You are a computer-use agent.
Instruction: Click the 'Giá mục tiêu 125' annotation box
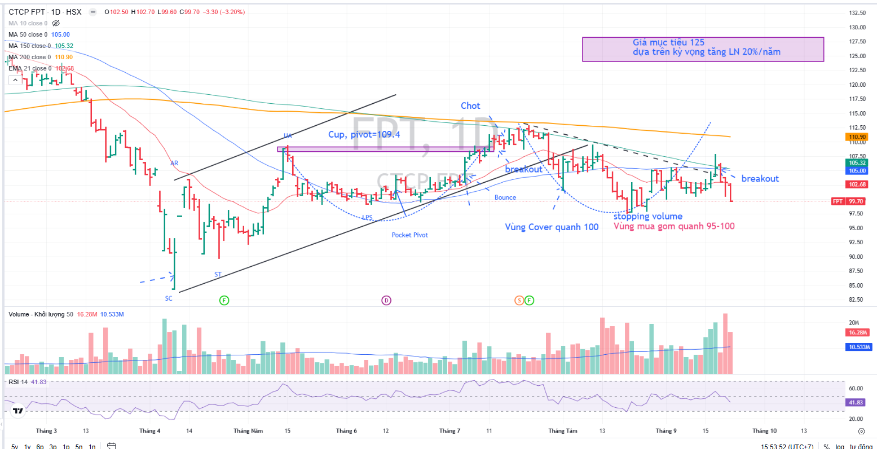[703, 49]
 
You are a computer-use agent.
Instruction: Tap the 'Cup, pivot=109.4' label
[365, 135]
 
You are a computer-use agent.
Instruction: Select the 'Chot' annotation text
[470, 106]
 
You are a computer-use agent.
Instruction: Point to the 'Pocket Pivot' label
[409, 235]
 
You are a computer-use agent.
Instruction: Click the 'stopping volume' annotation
[647, 217]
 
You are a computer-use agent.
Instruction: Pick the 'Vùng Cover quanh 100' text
[552, 227]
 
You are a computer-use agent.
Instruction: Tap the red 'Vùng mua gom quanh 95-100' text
[674, 227]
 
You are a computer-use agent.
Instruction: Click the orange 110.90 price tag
[857, 137]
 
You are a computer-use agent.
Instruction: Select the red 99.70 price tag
[857, 201]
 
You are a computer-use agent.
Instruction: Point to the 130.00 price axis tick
[857, 27]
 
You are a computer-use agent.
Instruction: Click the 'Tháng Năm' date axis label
[248, 431]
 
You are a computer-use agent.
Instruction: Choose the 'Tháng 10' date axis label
[764, 431]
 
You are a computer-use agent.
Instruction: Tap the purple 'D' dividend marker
[386, 300]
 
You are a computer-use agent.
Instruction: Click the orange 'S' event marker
[519, 300]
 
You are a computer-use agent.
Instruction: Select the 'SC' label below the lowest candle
[169, 298]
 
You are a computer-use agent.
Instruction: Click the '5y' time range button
[15, 446]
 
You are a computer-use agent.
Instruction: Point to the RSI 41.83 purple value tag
[857, 403]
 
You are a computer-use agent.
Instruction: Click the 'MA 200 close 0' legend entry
[29, 57]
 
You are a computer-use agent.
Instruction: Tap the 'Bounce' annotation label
[505, 197]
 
